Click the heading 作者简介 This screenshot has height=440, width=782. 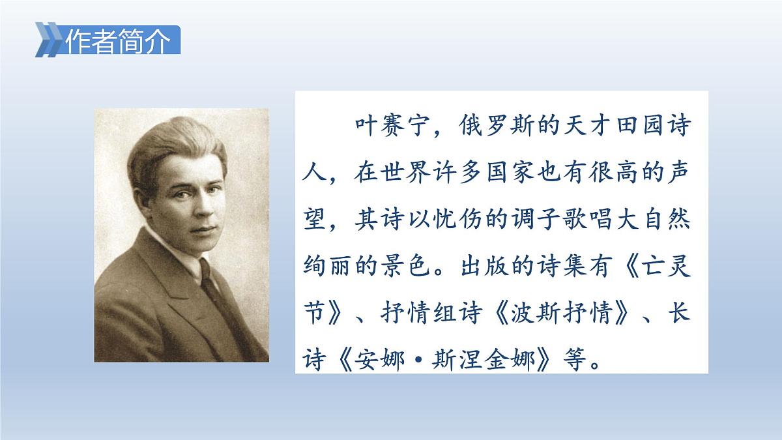(x=118, y=41)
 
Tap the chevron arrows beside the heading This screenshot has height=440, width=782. (x=50, y=40)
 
